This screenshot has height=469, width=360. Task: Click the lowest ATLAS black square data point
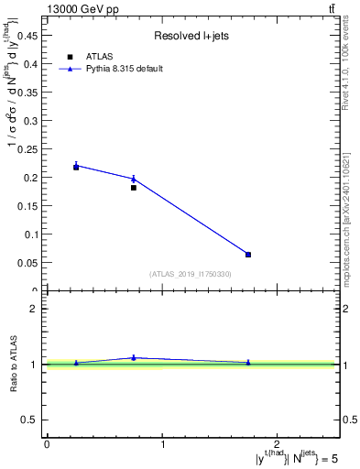coord(248,255)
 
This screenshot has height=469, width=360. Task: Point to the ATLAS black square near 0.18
coord(134,188)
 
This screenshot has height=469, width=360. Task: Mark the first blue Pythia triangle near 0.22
coord(76,165)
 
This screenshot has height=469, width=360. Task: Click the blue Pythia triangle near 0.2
coord(134,179)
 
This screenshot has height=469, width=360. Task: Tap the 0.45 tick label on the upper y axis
coord(30,35)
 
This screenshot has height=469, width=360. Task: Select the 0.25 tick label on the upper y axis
coord(30,148)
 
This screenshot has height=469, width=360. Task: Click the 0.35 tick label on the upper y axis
coord(30,92)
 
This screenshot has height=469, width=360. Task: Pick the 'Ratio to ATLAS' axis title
coord(15,365)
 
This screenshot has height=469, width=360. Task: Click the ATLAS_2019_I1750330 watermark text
coord(191,274)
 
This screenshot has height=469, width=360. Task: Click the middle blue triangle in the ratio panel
coord(134,357)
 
